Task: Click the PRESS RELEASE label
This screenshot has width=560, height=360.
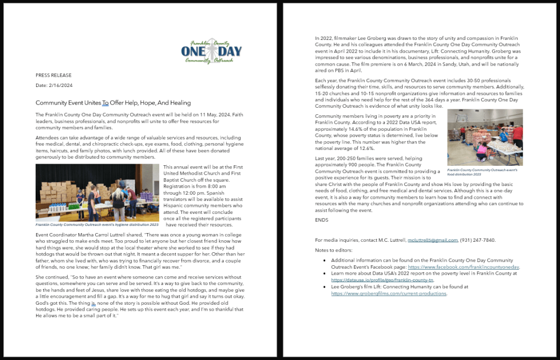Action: tap(53, 75)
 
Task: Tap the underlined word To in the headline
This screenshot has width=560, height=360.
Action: tap(106, 102)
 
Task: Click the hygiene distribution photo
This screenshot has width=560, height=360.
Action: tap(97, 193)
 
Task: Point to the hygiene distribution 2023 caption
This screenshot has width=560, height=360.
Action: tap(97, 224)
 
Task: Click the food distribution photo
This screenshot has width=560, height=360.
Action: tap(485, 137)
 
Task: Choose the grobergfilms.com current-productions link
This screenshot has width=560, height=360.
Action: tap(389, 293)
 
